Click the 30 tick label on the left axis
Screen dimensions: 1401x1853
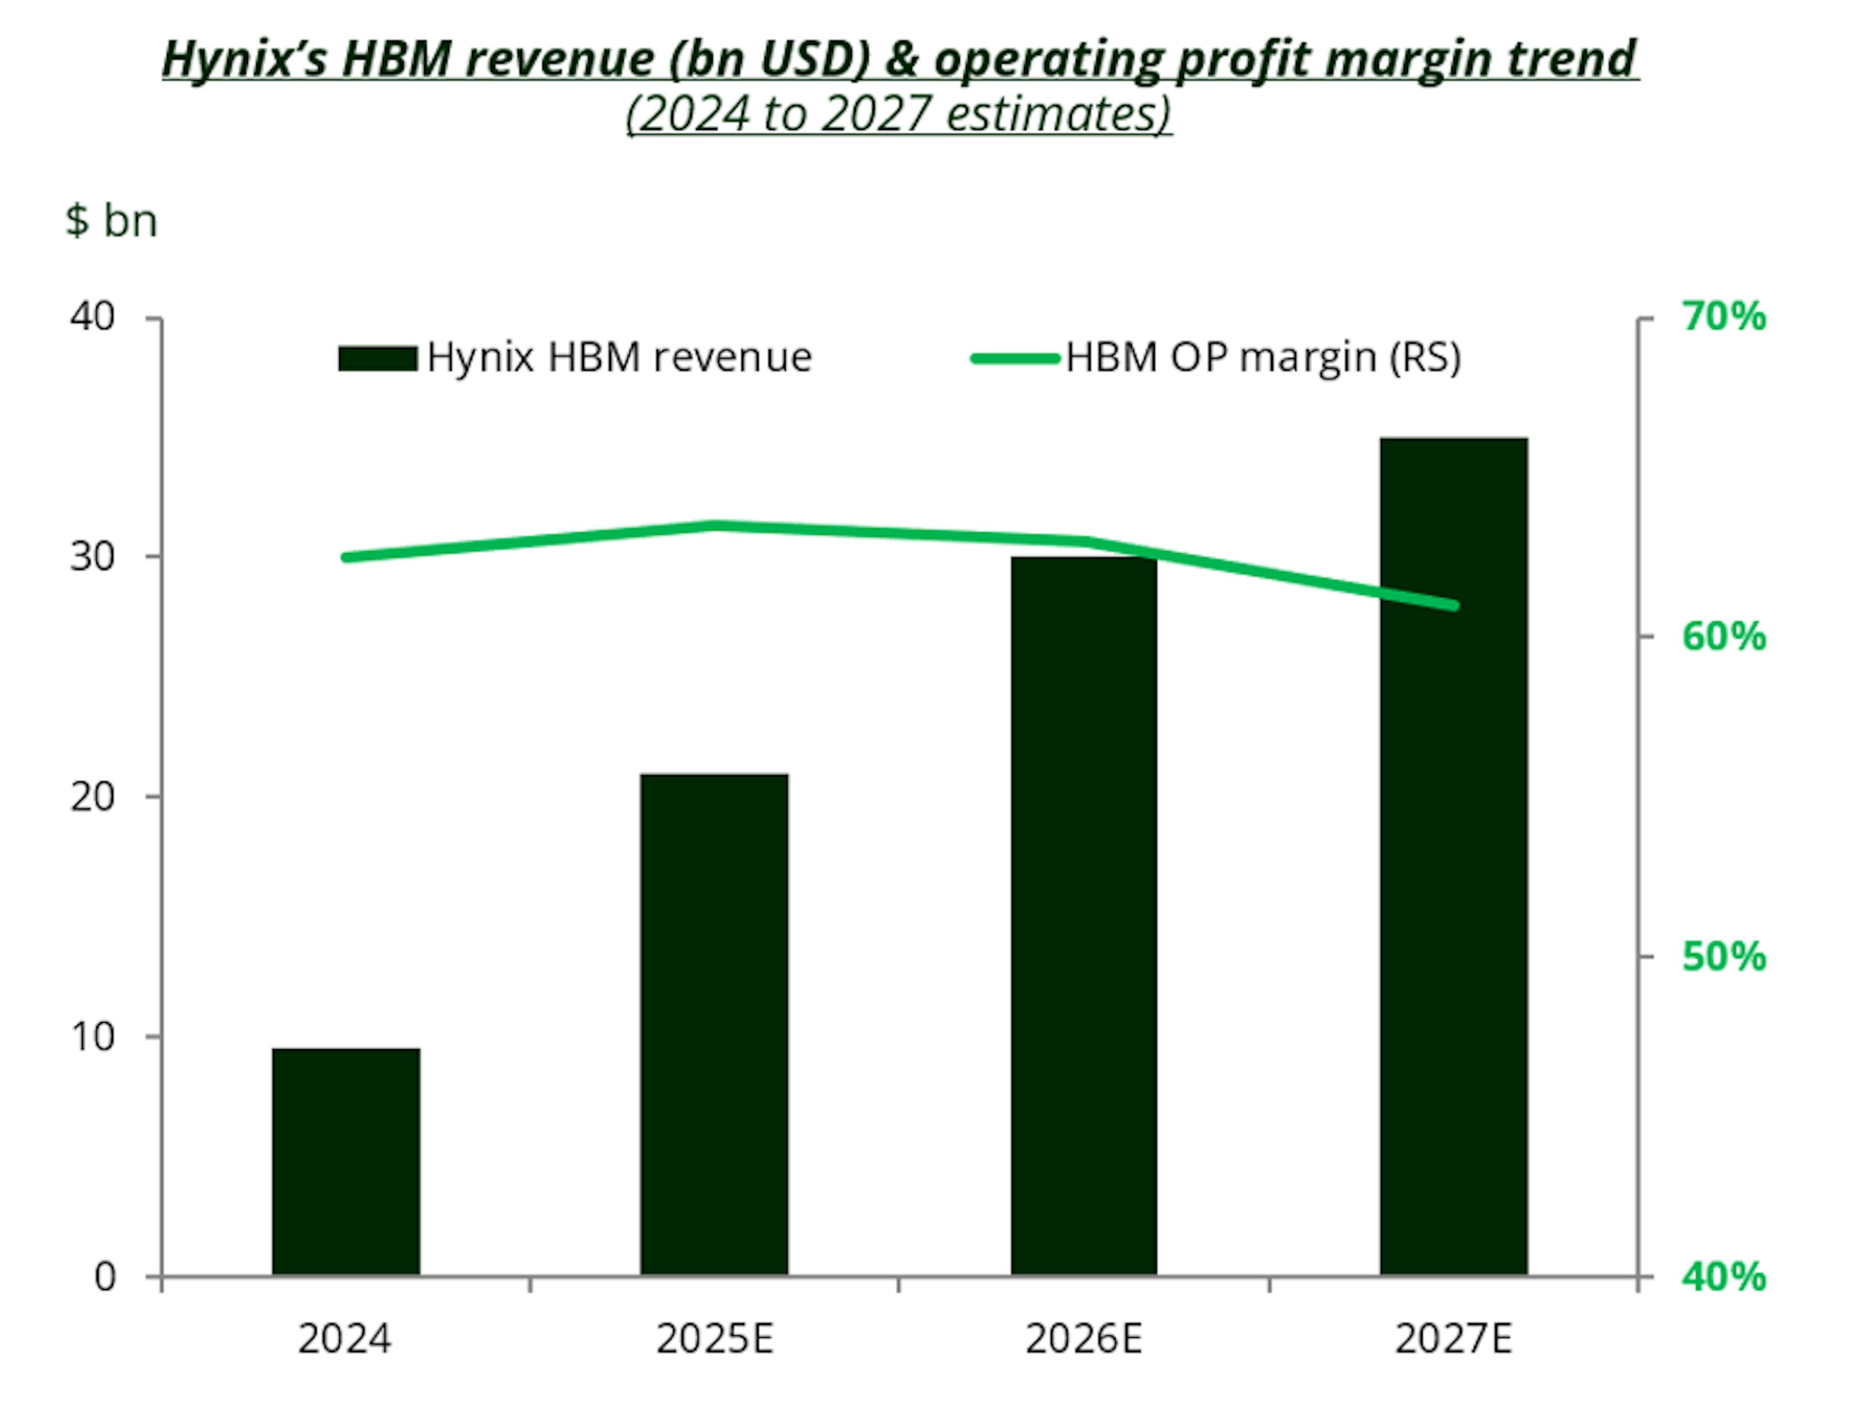[x=92, y=556]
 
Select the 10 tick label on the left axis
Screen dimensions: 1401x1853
[x=92, y=1037]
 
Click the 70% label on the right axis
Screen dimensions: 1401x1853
[x=1724, y=318]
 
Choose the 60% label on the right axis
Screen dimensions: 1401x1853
[x=1724, y=638]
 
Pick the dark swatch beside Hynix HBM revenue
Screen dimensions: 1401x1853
[x=378, y=359]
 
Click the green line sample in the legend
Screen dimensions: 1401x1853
[x=1015, y=359]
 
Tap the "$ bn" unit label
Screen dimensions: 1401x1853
[x=111, y=221]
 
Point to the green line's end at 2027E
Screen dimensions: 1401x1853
[x=1454, y=605]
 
